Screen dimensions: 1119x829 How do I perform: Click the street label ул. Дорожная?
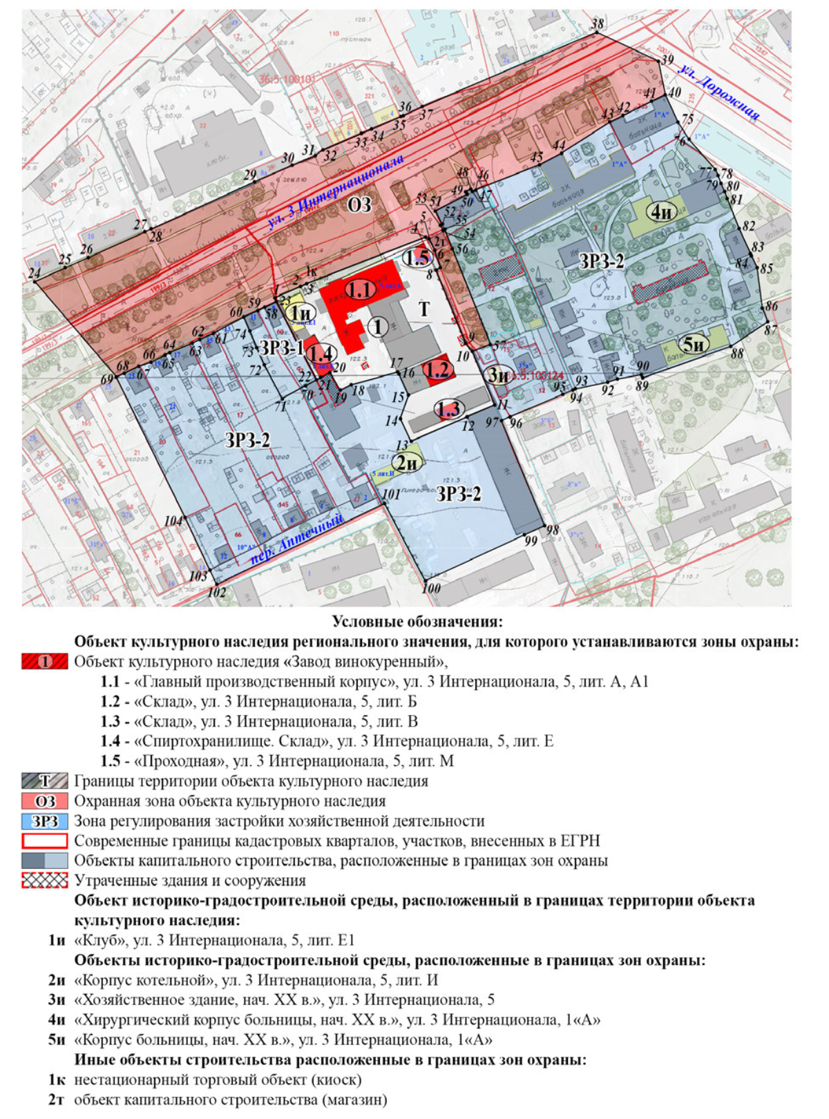pyautogui.click(x=719, y=92)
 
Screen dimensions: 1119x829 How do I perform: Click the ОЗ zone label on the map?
pyautogui.click(x=359, y=204)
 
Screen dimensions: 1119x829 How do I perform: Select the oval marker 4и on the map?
pyautogui.click(x=662, y=212)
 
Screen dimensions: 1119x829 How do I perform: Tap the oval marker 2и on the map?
pyautogui.click(x=407, y=463)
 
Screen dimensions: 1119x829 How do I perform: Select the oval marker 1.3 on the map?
pyautogui.click(x=448, y=410)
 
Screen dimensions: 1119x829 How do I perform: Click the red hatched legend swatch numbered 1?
pyautogui.click(x=45, y=662)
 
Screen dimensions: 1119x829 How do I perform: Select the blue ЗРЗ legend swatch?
pyautogui.click(x=45, y=821)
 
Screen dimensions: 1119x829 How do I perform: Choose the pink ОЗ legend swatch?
pyautogui.click(x=45, y=801)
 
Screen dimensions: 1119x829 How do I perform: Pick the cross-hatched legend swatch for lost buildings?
pyautogui.click(x=45, y=881)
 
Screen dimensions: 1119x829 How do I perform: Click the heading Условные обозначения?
pyautogui.click(x=417, y=622)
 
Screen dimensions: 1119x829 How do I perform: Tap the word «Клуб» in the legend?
pyautogui.click(x=99, y=941)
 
